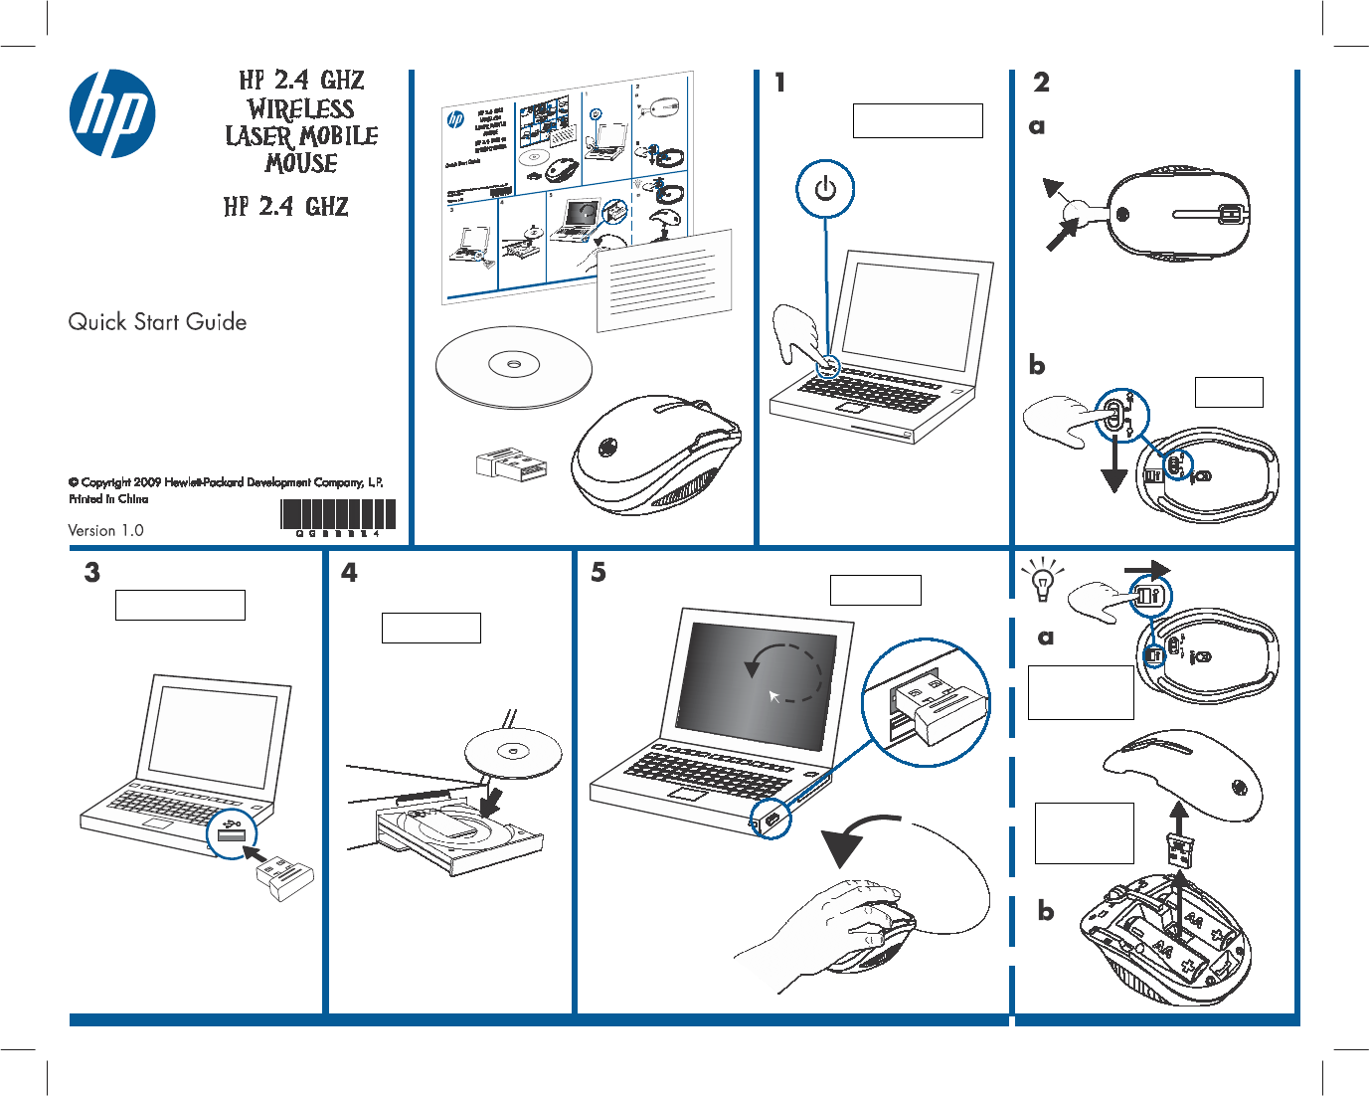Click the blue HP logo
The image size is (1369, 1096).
tap(112, 113)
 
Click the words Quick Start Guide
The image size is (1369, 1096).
tap(157, 322)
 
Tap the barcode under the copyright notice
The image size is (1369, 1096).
tap(338, 515)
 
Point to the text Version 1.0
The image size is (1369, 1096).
tap(105, 530)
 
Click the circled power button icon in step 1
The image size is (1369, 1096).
tap(825, 189)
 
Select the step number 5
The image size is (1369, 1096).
tap(599, 573)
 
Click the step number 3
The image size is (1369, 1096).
tap(92, 573)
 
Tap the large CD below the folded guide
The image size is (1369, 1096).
tap(513, 366)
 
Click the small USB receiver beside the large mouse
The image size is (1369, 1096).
tap(512, 464)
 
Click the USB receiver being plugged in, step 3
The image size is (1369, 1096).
tap(285, 879)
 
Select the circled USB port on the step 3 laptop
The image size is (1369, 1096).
tap(232, 834)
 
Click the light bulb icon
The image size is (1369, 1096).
tap(1042, 581)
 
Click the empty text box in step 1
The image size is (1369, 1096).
tap(917, 120)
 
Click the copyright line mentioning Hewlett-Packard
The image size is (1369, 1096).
tap(226, 482)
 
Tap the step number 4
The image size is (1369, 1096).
tap(349, 573)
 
